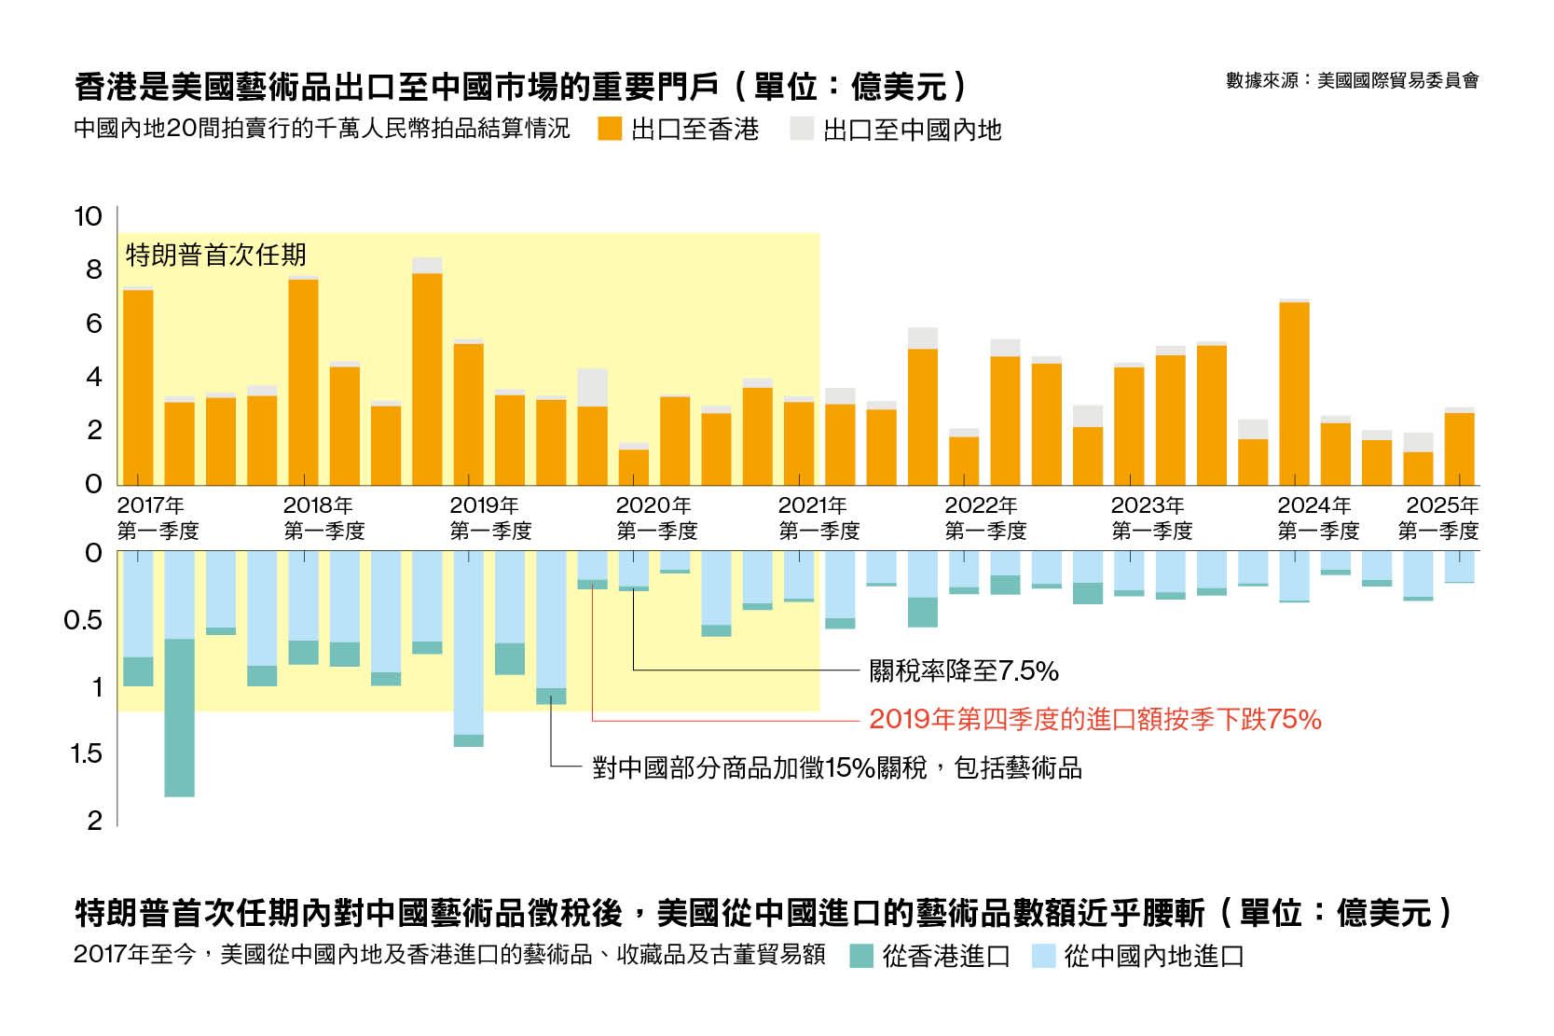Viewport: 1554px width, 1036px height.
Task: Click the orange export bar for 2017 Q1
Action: click(138, 387)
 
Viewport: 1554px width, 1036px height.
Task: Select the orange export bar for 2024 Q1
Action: click(1294, 394)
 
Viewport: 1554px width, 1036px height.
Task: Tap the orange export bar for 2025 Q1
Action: click(1459, 449)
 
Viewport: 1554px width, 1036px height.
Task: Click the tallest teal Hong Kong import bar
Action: click(179, 717)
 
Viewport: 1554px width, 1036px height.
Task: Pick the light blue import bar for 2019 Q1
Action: click(468, 642)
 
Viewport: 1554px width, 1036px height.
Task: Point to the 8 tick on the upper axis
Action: click(93, 269)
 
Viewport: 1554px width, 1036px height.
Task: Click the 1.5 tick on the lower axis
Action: click(87, 753)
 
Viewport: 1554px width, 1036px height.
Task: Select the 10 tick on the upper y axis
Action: click(89, 216)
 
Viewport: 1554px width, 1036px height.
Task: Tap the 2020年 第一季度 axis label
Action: click(656, 518)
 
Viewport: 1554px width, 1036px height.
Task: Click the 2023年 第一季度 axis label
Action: click(1151, 518)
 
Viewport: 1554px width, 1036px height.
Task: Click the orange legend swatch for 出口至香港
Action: click(610, 129)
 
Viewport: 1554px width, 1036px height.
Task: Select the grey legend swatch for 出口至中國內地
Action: click(802, 129)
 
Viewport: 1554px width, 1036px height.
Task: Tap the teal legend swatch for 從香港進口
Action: click(861, 956)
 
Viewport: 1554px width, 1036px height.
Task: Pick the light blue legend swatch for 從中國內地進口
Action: click(1043, 956)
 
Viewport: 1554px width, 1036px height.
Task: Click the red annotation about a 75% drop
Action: click(1094, 719)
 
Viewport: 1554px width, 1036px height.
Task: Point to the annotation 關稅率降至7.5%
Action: click(963, 670)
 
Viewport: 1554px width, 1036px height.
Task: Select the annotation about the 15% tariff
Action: click(836, 767)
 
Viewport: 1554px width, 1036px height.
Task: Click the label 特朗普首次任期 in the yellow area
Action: click(215, 255)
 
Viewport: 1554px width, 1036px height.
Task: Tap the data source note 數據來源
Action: click(1352, 81)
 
